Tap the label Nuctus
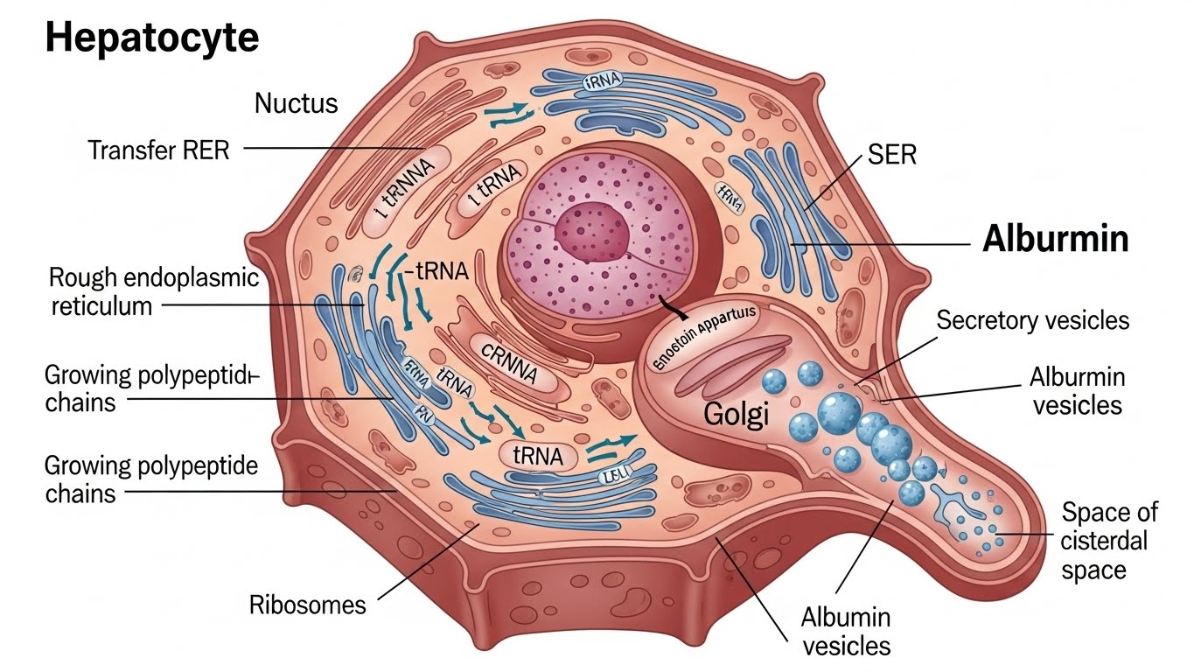tap(296, 104)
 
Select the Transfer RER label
tap(159, 150)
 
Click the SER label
tap(891, 156)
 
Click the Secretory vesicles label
tap(1033, 320)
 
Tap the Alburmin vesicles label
tap(1077, 391)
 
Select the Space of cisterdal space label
tap(1109, 541)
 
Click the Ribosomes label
tap(307, 605)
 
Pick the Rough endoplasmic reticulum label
tap(154, 292)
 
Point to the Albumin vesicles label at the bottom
tap(845, 631)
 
